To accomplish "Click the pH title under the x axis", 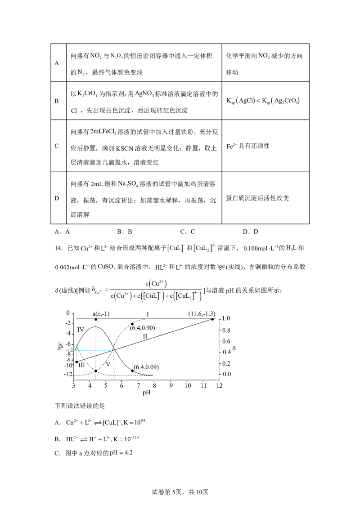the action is click(145, 393).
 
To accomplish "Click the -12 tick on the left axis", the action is click(68, 375).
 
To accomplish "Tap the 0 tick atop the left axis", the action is click(68, 312).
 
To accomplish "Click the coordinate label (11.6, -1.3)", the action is click(202, 313).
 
